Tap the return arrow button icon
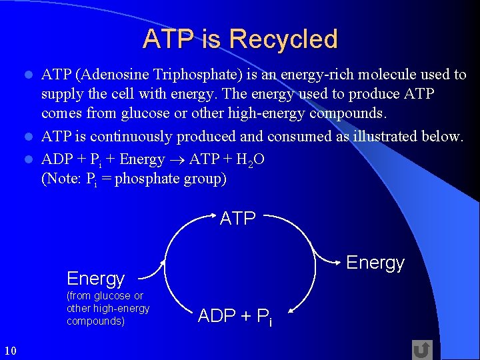pos(421,349)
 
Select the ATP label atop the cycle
pos(238,218)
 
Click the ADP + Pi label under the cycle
pos(235,317)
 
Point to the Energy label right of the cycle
pos(375,263)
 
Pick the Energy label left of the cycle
pos(95,278)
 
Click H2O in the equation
pos(249,160)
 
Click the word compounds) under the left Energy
pos(95,321)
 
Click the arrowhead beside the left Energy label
pos(161,268)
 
